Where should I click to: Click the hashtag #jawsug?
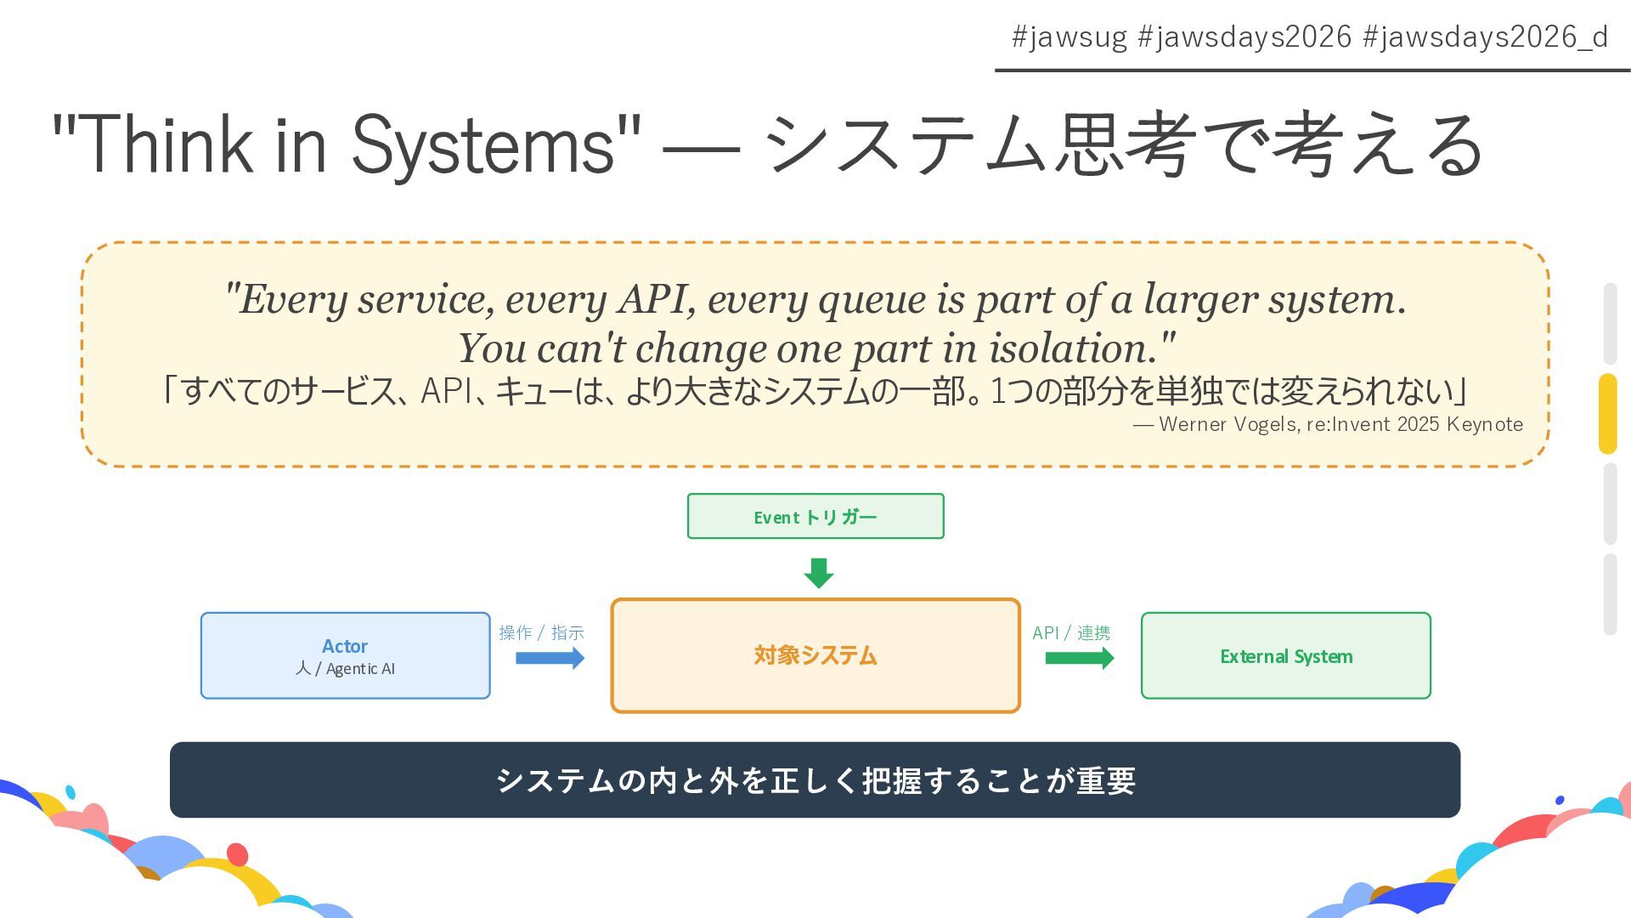[x=1069, y=37]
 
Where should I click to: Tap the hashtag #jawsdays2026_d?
[x=1485, y=37]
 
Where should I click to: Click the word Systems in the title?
[x=483, y=144]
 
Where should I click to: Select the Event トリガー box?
[x=815, y=516]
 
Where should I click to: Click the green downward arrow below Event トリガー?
[x=819, y=573]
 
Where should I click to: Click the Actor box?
[x=345, y=655]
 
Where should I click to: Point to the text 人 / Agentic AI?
[x=345, y=669]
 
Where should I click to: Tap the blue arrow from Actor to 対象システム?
[x=550, y=658]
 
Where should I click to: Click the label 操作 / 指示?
[x=541, y=632]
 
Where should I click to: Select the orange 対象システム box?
[x=815, y=655]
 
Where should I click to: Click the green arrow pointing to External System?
[x=1079, y=658]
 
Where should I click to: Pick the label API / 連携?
[x=1071, y=632]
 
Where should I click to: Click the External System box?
[x=1285, y=655]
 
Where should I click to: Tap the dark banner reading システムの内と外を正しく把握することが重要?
[x=815, y=779]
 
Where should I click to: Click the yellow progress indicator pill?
[x=1608, y=413]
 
